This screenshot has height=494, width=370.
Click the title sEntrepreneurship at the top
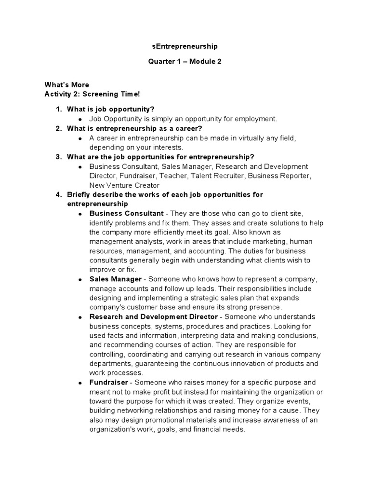tap(185, 46)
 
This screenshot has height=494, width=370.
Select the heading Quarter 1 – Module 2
tap(185, 62)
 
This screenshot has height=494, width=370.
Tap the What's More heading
tap(66, 85)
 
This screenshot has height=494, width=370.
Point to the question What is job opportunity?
tap(110, 110)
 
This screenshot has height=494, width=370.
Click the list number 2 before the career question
tap(58, 128)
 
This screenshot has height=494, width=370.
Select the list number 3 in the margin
tap(58, 157)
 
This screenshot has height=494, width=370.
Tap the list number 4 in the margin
tap(58, 194)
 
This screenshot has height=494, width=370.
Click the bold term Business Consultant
tap(126, 213)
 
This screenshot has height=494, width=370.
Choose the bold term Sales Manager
tap(116, 279)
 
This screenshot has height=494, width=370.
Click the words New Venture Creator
tap(124, 185)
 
